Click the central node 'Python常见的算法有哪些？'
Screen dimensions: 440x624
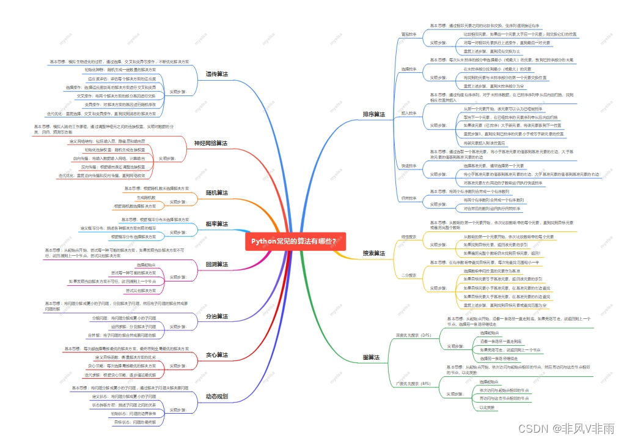295,241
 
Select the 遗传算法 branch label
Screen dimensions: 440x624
216,74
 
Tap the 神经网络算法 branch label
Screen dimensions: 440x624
210,143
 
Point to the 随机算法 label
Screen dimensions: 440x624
216,193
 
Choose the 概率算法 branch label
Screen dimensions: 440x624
216,224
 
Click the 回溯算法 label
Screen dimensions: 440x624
216,264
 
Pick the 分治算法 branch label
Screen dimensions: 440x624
216,316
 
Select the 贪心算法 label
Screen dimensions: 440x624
216,355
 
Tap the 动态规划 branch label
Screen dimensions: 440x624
216,397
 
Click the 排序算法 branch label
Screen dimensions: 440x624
374,114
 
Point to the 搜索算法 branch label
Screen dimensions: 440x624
374,253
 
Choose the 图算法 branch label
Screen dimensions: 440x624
371,357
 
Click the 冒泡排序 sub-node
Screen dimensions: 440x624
409,34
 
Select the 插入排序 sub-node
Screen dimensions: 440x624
409,113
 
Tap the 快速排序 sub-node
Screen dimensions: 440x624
409,166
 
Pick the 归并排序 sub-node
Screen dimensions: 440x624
409,198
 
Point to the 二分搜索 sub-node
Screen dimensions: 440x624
409,275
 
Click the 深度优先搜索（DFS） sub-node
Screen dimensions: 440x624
414,335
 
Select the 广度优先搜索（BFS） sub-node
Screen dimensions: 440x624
414,384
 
